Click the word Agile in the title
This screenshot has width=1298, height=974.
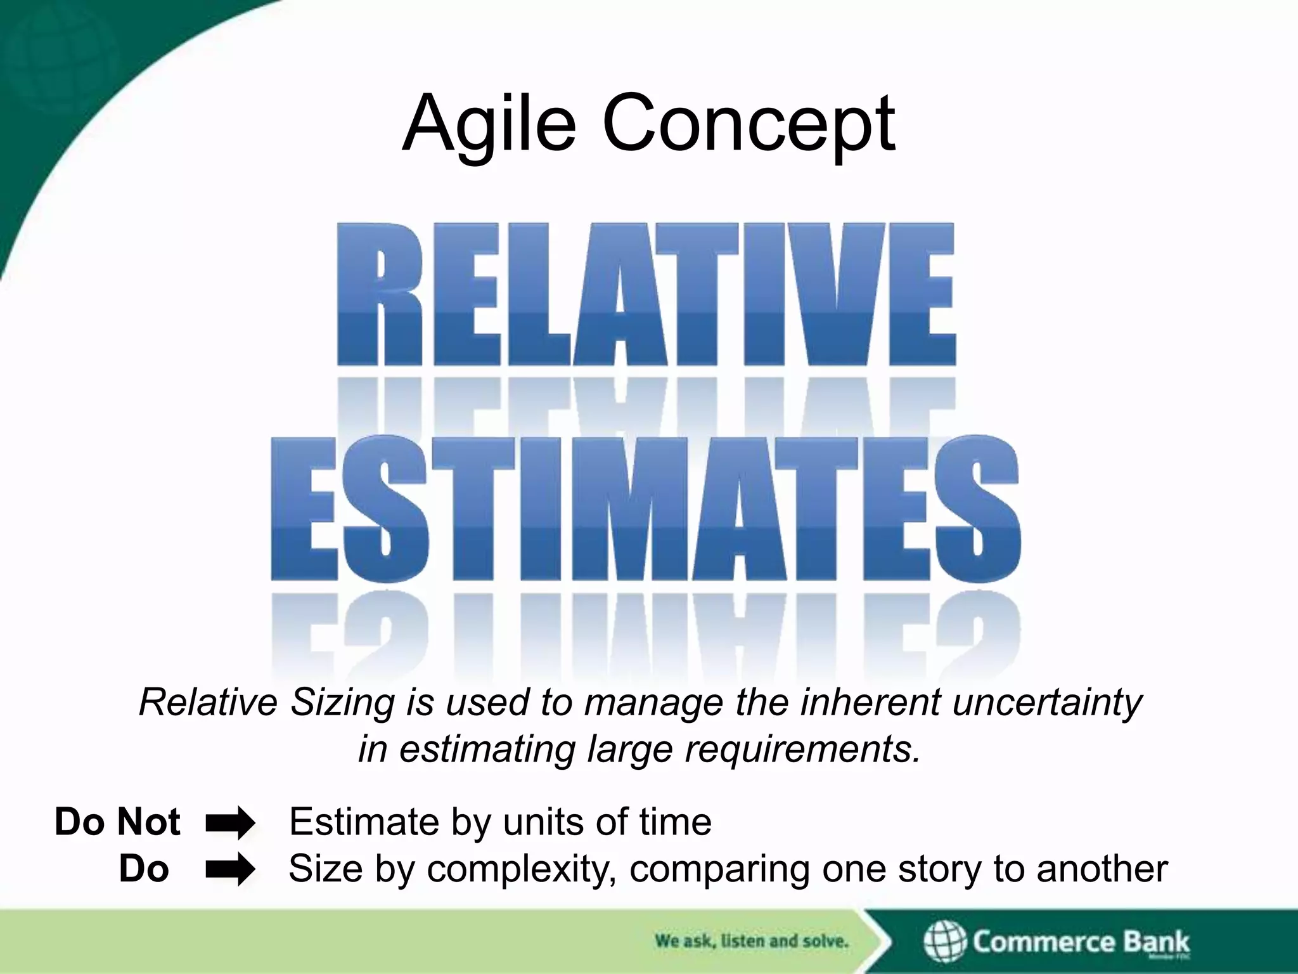tap(489, 124)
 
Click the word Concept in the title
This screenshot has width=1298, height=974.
tap(749, 124)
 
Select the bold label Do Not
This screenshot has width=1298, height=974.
tap(117, 822)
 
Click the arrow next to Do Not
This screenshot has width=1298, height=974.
tap(230, 823)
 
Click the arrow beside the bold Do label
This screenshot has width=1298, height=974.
tap(230, 869)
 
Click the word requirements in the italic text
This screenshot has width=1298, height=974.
tap(801, 750)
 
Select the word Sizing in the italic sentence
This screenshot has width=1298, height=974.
tap(343, 703)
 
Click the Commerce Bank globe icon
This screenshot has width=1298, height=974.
tap(945, 942)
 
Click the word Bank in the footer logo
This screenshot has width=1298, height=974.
tap(1156, 942)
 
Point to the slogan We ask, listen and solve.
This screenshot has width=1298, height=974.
tap(751, 941)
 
